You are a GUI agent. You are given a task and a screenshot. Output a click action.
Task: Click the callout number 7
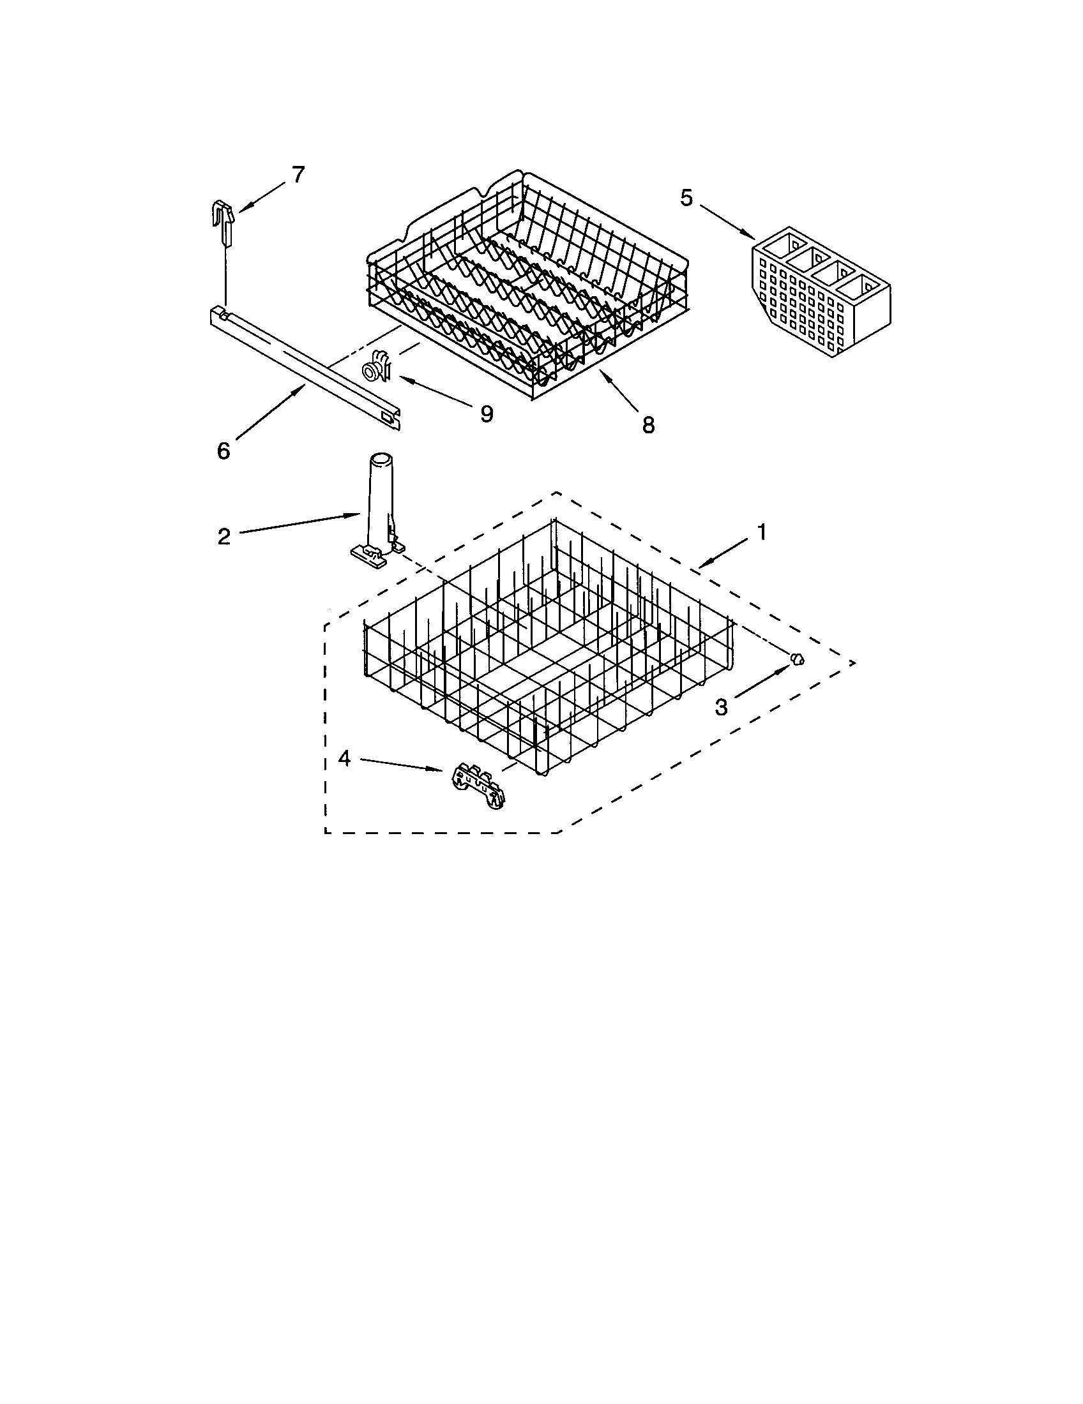(298, 175)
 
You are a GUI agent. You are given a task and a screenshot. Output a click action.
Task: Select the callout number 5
(686, 198)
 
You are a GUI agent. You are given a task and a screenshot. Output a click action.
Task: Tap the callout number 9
(487, 414)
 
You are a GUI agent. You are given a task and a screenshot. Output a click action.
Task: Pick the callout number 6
(223, 451)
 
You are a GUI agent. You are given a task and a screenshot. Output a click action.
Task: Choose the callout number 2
(223, 536)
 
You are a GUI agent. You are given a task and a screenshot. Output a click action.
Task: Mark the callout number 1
(761, 532)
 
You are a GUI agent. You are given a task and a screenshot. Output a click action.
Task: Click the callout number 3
(721, 707)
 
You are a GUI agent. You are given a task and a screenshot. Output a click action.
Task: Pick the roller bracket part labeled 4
(478, 786)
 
